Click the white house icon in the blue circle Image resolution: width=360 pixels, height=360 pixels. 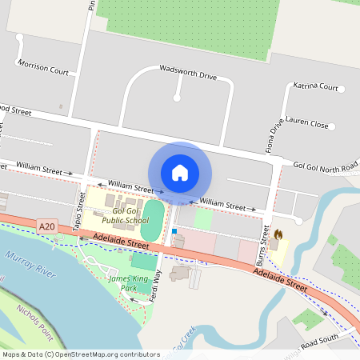180,172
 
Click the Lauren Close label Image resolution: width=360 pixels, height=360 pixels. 307,125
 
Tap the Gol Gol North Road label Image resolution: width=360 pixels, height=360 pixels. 326,166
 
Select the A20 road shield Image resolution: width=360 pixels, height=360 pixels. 47,228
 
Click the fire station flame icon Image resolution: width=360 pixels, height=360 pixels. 278,234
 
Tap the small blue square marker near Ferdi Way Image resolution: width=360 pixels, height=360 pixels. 174,231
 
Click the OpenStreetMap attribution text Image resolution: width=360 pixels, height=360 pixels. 80,354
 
